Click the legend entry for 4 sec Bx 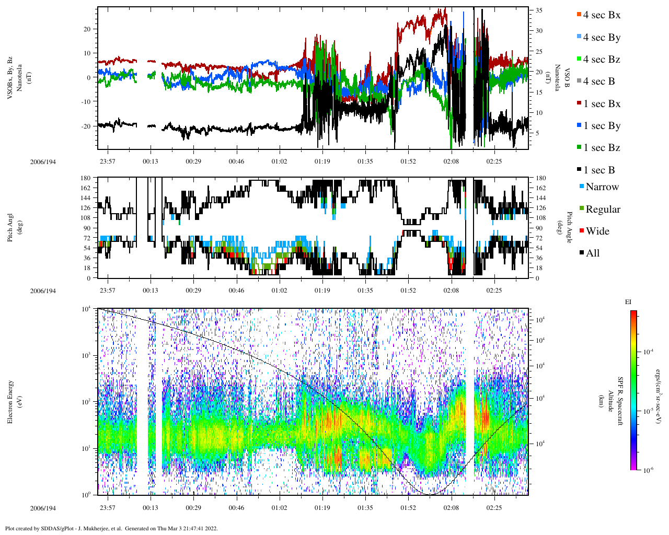601,15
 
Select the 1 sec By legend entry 601,126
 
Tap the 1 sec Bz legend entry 601,148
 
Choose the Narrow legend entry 602,187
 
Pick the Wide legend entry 597,231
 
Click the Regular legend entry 603,209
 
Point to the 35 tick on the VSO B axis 539,10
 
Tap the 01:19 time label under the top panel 322,161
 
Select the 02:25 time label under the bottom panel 494,508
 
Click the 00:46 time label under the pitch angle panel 236,290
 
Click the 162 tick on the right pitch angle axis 541,188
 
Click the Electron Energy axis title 10,401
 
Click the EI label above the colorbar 628,302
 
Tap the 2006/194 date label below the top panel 43,161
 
